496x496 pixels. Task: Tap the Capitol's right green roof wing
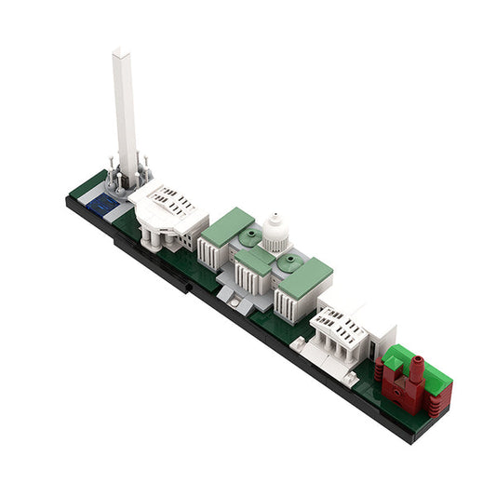(x=306, y=274)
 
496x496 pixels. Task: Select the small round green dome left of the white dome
(x=248, y=237)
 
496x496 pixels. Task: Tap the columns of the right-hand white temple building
(x=334, y=349)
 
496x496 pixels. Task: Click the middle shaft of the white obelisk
(x=123, y=112)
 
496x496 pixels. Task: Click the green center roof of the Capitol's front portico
(x=255, y=261)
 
